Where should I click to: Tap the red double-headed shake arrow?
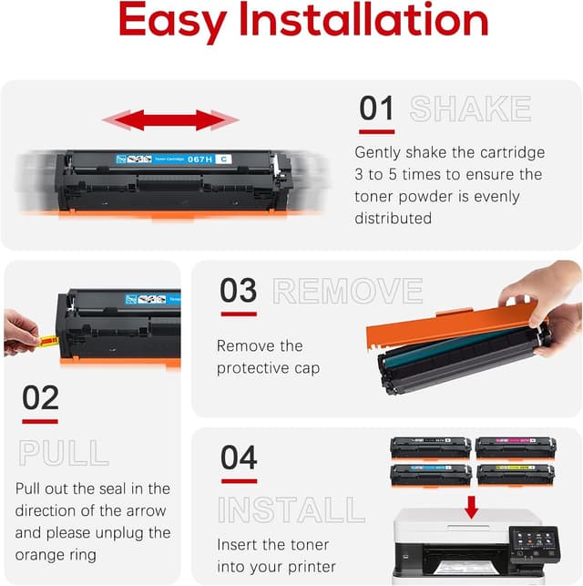(169, 120)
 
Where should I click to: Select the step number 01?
(376, 108)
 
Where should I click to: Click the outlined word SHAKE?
(470, 108)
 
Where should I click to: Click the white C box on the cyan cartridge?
(224, 159)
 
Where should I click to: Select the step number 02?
(40, 398)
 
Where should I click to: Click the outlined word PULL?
(64, 452)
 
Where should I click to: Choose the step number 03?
(239, 291)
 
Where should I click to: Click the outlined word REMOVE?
(348, 291)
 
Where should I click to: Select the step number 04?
(239, 457)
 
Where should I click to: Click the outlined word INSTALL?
(291, 509)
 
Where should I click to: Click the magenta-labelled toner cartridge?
(515, 447)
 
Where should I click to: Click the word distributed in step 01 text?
(393, 218)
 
